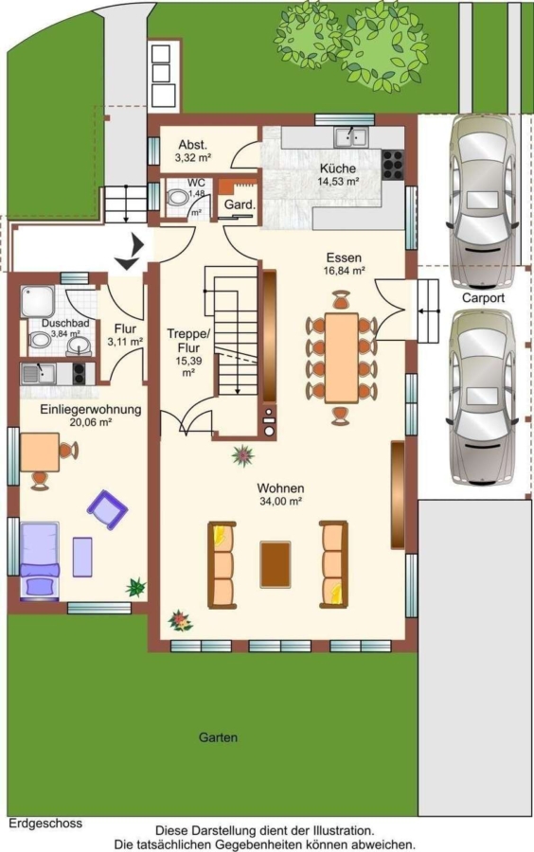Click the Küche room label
coord(337,169)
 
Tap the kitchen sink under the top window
coord(351,137)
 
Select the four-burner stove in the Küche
coord(393,165)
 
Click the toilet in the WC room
coord(176,197)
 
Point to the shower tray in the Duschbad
coord(38,302)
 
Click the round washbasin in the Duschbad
coord(80,346)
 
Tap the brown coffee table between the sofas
coord(276,564)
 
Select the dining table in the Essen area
coord(341,358)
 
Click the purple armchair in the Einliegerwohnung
coord(107,509)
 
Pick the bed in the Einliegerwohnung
coord(39,560)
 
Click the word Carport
coord(483,298)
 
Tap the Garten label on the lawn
coord(218,737)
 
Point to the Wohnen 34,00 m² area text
coord(281,494)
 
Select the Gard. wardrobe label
coord(240,204)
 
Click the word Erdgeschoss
coord(45,824)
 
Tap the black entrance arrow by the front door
coord(130,252)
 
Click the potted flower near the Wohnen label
coord(242,455)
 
